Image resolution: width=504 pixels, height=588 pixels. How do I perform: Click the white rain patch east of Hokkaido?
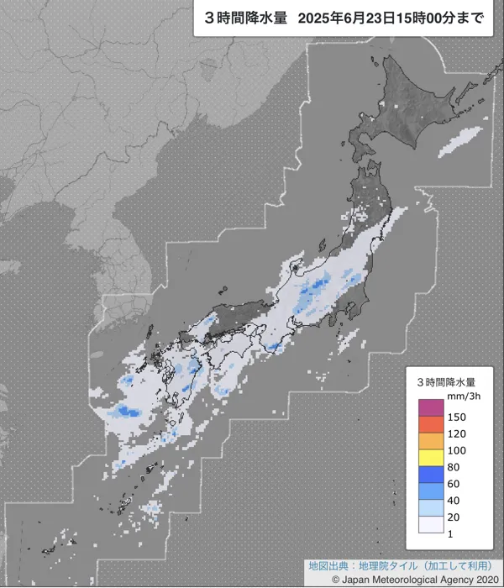460,139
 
